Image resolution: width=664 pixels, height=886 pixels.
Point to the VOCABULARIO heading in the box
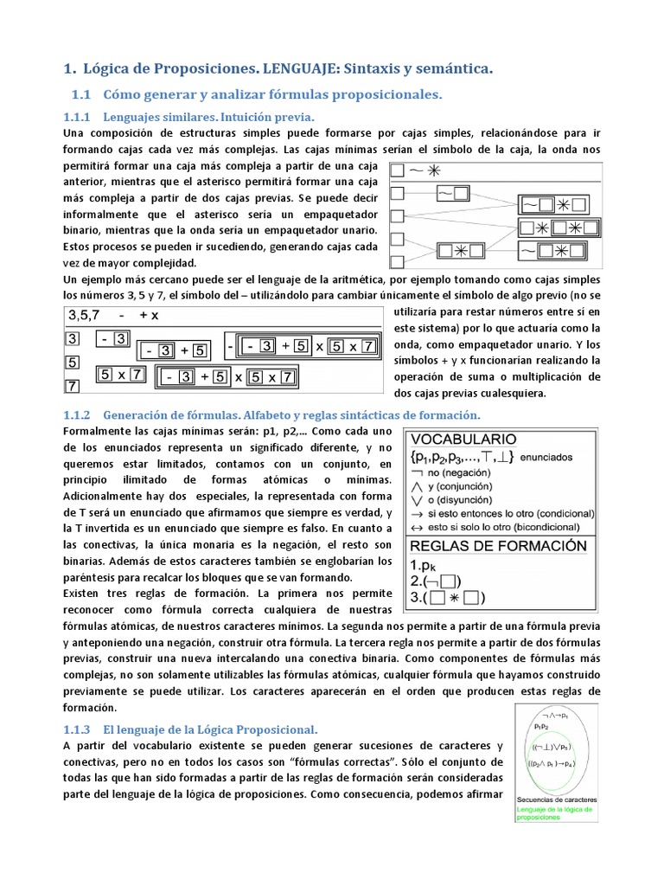tap(463, 438)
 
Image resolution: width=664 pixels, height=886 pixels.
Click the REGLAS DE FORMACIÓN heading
tap(498, 546)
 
